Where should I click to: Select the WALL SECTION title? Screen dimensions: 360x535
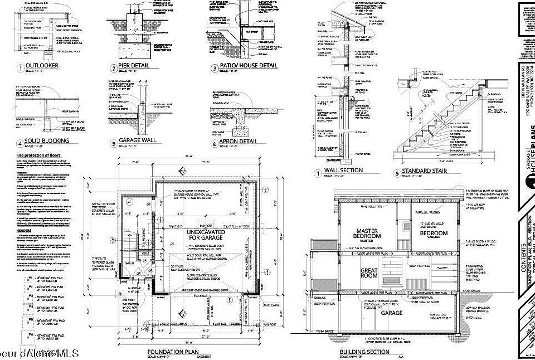click(x=343, y=171)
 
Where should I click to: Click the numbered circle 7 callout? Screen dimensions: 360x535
click(x=317, y=174)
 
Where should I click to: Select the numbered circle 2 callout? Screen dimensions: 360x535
click(x=114, y=69)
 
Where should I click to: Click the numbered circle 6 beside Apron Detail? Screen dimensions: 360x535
click(x=215, y=143)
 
